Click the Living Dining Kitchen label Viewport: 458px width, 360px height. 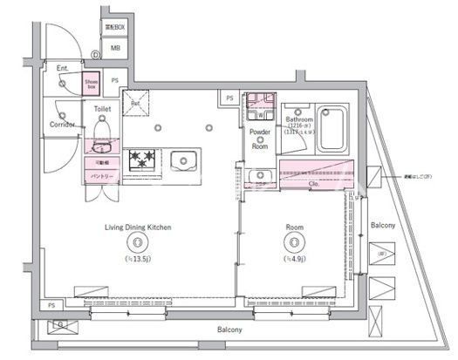tap(138, 227)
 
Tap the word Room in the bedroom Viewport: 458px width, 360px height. tap(294, 227)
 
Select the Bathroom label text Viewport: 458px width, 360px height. tap(299, 119)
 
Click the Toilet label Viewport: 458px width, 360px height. tap(103, 109)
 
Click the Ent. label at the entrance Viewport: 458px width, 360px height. tap(63, 68)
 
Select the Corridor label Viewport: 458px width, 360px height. tap(62, 125)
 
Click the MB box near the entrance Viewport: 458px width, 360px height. tap(114, 48)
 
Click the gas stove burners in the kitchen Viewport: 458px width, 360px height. tap(141, 160)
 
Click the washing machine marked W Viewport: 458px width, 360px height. tap(260, 113)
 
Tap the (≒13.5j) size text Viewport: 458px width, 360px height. tap(138, 259)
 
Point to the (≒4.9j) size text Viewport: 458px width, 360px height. tap(294, 259)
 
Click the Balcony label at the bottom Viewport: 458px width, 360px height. tap(229, 330)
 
